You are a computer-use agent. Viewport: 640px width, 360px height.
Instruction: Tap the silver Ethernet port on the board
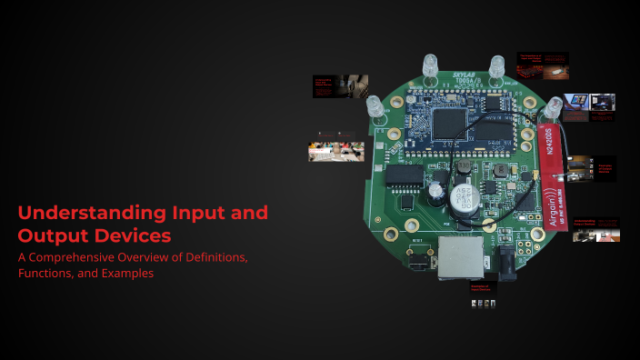(x=455, y=255)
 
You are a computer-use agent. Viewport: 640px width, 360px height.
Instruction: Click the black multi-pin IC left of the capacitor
(x=402, y=176)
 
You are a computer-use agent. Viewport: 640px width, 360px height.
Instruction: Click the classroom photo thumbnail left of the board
(x=336, y=150)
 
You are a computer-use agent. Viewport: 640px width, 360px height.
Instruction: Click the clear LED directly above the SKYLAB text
(x=429, y=65)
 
